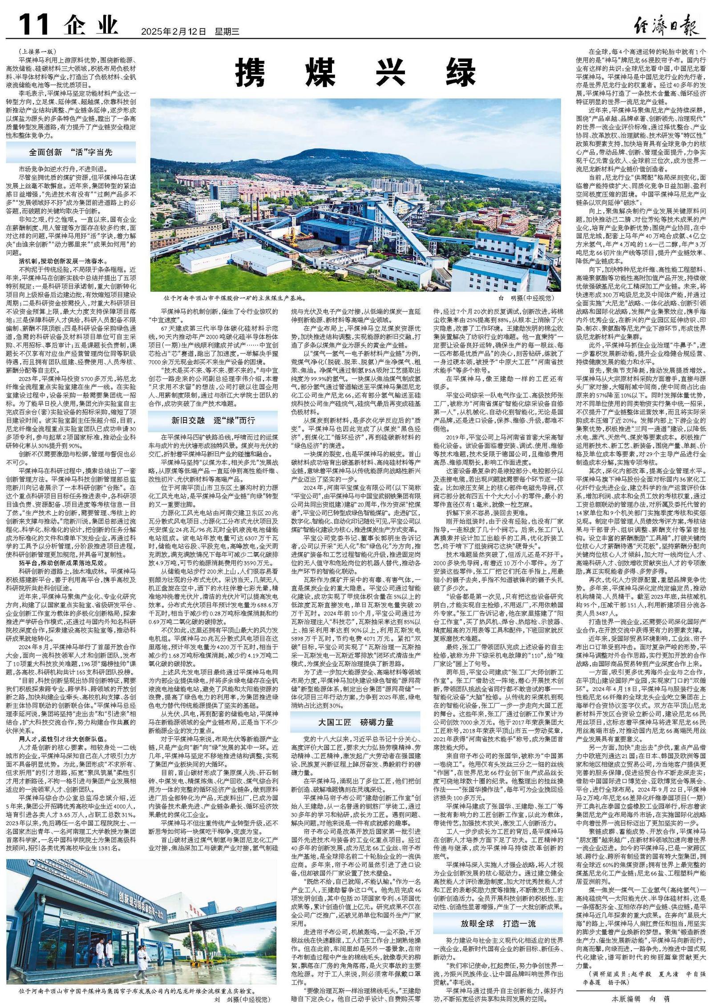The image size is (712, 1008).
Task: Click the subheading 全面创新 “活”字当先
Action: click(x=71, y=152)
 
